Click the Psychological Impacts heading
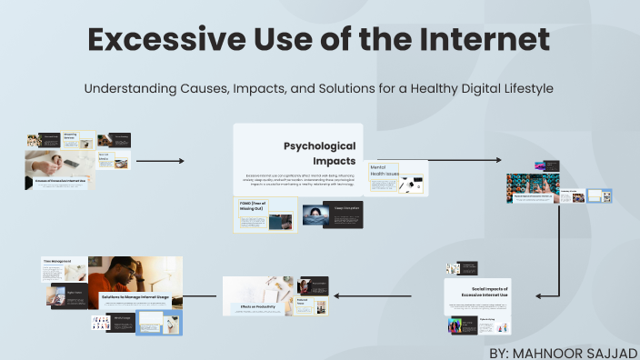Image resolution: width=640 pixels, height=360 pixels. [x=319, y=153]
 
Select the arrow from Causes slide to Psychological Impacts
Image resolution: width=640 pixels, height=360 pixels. [x=160, y=161]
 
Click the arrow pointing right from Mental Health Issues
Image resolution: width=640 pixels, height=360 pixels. [x=464, y=160]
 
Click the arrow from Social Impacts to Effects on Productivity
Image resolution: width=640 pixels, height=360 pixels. [x=381, y=295]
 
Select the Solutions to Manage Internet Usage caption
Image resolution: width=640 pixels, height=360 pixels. [x=137, y=296]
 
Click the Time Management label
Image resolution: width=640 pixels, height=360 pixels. [x=58, y=261]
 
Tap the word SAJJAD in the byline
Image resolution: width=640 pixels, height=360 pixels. [x=614, y=350]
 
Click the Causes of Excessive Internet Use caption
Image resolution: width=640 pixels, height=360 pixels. [x=61, y=182]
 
